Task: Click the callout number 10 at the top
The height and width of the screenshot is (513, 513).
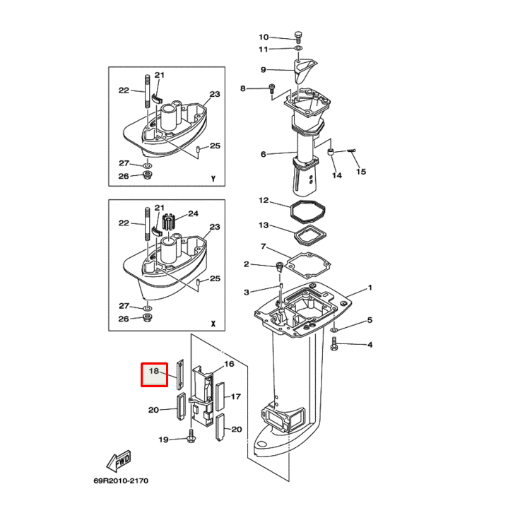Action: (x=264, y=37)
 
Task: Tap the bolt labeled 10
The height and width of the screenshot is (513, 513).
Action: (x=298, y=37)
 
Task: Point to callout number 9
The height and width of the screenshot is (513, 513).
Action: (x=263, y=70)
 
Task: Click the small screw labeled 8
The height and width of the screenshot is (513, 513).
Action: (x=271, y=88)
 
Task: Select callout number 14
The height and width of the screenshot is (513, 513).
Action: (x=336, y=175)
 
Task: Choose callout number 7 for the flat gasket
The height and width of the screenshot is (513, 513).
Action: (x=263, y=247)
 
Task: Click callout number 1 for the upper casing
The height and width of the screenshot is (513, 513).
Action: (x=368, y=289)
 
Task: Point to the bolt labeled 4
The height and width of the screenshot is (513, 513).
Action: (x=334, y=345)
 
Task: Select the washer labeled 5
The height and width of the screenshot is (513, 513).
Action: (x=334, y=330)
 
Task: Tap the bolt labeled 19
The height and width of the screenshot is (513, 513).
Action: (x=191, y=439)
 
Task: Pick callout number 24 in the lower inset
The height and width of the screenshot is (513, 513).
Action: (x=193, y=213)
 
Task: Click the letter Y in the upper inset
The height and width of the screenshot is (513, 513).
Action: (x=213, y=179)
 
